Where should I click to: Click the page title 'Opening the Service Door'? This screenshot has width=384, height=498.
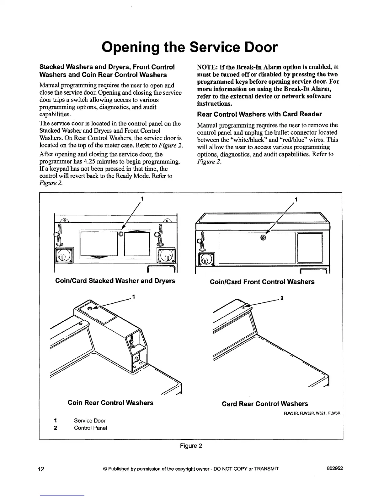click(x=190, y=47)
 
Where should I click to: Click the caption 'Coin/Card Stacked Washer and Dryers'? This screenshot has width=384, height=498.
click(x=115, y=281)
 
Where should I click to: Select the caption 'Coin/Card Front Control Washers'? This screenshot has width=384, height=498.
click(x=262, y=282)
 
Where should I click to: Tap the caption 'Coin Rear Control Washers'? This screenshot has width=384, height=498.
click(x=110, y=403)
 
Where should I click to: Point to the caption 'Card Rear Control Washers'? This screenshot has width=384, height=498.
click(x=265, y=404)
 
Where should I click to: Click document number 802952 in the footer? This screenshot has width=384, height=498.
click(x=335, y=468)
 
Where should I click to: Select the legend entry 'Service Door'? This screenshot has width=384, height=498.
click(x=90, y=421)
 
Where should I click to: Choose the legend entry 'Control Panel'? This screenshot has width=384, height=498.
click(x=90, y=428)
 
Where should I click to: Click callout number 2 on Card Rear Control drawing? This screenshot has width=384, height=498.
click(x=282, y=298)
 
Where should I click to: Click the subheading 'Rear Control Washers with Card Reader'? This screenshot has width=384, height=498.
click(x=259, y=114)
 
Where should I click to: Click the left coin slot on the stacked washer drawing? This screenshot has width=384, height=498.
click(x=64, y=254)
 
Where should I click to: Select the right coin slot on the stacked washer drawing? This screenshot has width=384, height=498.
click(x=167, y=254)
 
